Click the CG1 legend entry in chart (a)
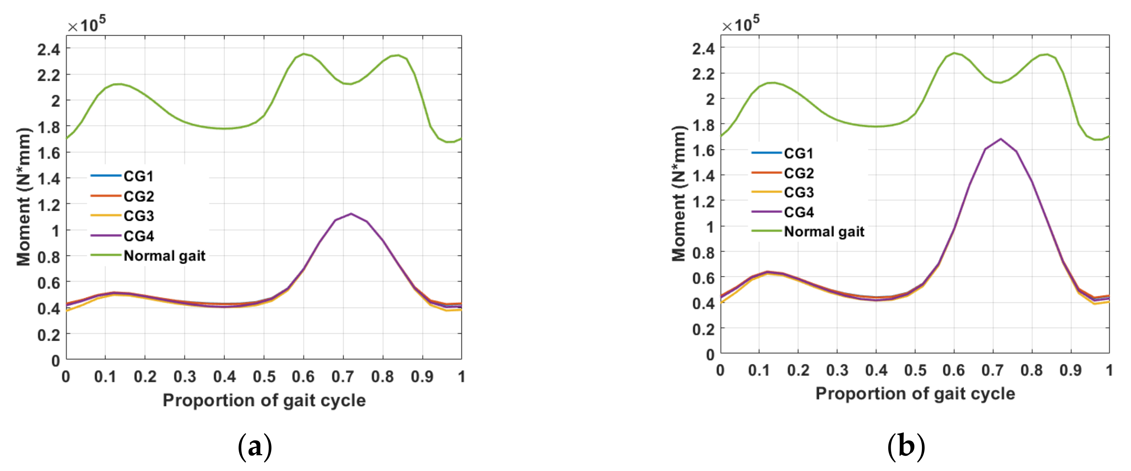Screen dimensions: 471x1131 138,176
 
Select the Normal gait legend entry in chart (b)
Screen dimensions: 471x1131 824,231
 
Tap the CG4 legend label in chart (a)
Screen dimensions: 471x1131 138,236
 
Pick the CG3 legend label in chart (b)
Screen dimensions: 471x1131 799,192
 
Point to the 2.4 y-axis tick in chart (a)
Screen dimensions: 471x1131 49,49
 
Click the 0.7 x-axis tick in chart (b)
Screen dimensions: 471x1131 992,370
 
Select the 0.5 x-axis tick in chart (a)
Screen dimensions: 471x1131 264,376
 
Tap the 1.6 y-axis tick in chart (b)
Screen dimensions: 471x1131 703,150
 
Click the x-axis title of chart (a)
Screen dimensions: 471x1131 264,400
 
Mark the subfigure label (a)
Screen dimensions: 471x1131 255,447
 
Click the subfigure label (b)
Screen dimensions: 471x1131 906,447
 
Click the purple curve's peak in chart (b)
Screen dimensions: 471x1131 1001,139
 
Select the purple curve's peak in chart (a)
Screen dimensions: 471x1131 351,214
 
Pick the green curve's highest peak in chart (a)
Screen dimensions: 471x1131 303,54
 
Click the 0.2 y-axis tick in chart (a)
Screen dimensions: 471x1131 49,335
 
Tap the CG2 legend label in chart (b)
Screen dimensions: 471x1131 799,173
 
